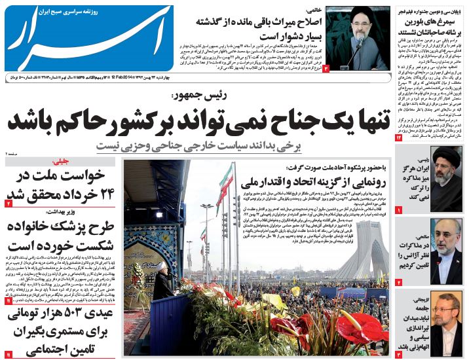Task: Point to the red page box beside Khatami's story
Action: (x=326, y=67)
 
